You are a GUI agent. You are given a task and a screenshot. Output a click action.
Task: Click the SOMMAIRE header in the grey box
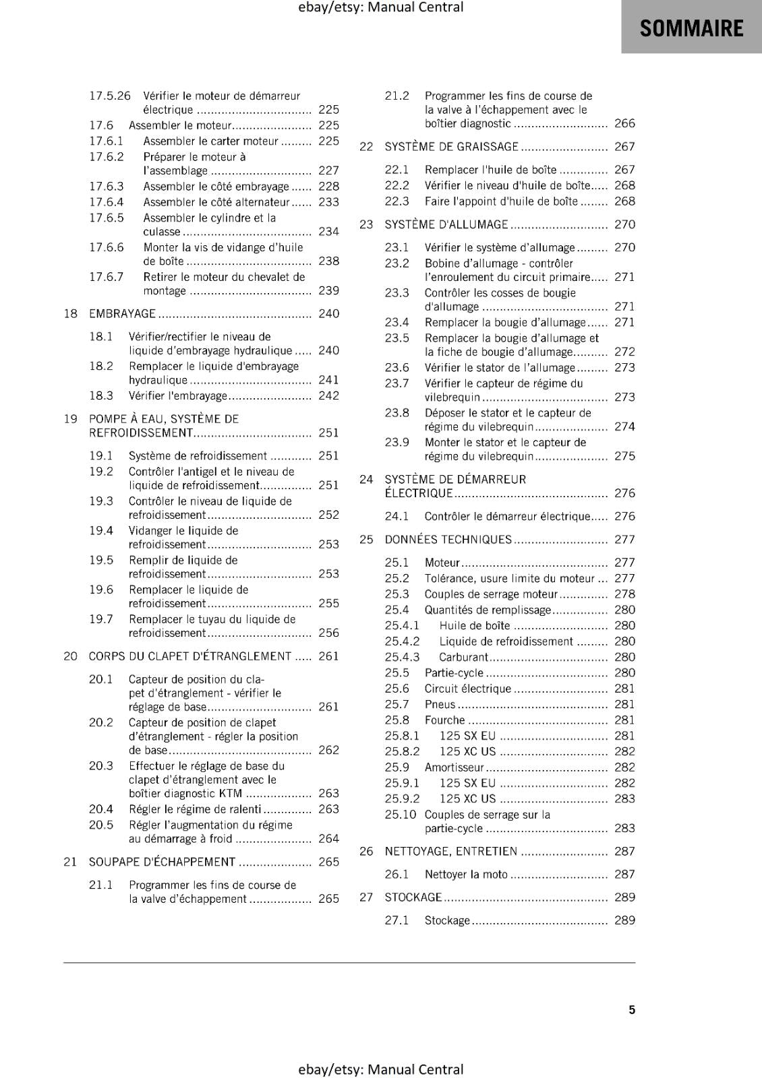click(691, 28)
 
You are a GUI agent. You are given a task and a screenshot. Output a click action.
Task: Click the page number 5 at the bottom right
click(632, 1009)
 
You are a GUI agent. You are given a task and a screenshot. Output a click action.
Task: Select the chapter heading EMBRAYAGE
click(122, 313)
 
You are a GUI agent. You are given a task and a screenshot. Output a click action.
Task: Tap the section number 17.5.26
click(110, 96)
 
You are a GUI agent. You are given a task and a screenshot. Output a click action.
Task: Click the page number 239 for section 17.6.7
click(328, 290)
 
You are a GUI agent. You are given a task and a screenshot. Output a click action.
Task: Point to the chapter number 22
click(366, 146)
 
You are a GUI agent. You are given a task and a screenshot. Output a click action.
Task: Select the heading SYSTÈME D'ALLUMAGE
click(446, 224)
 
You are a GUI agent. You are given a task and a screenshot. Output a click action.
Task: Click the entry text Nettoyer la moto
click(465, 874)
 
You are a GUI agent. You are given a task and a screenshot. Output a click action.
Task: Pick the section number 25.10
click(400, 814)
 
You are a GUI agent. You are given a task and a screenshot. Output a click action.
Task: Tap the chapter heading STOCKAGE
click(413, 897)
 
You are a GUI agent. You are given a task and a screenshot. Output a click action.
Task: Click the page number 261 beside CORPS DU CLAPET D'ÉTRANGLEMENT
click(328, 656)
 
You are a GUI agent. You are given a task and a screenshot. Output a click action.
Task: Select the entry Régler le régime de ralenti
click(195, 808)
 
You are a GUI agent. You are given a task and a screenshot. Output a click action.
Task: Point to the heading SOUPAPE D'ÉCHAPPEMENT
click(162, 862)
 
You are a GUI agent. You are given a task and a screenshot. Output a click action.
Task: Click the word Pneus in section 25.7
click(440, 704)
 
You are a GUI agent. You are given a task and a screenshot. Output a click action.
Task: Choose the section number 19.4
click(101, 530)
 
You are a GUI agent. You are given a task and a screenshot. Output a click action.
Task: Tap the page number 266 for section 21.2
click(624, 123)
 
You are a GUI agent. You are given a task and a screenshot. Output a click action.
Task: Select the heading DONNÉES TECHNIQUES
click(448, 539)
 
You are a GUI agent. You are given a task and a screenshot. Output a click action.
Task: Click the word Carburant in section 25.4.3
click(463, 657)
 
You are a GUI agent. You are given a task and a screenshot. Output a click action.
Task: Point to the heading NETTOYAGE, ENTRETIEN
click(450, 851)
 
